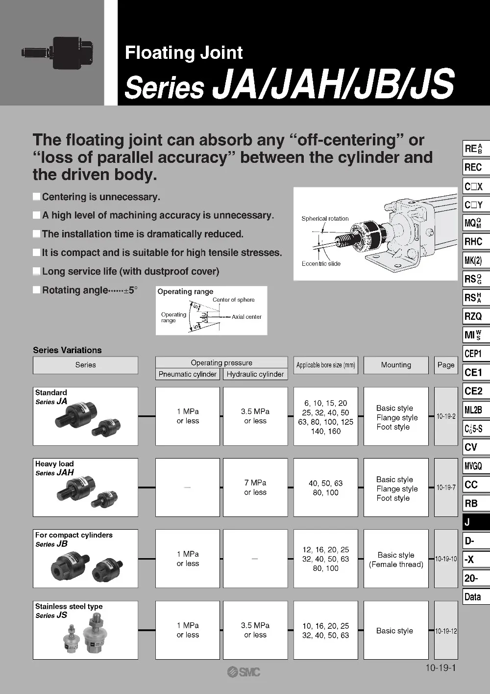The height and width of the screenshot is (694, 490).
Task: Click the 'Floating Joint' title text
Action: tap(184, 52)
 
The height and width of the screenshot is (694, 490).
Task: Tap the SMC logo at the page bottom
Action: tap(244, 672)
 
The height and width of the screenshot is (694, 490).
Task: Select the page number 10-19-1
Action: tap(441, 668)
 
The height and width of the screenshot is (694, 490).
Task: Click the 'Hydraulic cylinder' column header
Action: tap(255, 374)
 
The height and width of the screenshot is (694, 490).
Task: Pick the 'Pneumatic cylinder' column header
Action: tap(188, 374)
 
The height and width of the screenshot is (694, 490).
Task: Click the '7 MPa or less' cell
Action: tap(255, 488)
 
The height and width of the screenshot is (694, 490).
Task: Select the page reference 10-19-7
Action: tap(446, 488)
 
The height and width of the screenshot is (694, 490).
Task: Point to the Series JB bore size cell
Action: tap(326, 559)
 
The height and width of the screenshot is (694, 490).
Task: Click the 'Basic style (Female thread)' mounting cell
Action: tap(396, 559)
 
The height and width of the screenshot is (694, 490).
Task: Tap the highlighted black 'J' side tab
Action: tap(476, 522)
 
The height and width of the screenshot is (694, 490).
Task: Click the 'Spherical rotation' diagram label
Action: tap(325, 219)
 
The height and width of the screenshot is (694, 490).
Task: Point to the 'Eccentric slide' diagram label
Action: tap(321, 264)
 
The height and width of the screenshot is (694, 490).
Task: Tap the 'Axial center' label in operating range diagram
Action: tap(246, 317)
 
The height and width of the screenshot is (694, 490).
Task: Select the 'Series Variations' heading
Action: tap(67, 350)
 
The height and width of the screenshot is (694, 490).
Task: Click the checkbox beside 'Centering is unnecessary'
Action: tap(37, 197)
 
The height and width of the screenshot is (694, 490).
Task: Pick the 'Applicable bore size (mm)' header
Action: tap(326, 365)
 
